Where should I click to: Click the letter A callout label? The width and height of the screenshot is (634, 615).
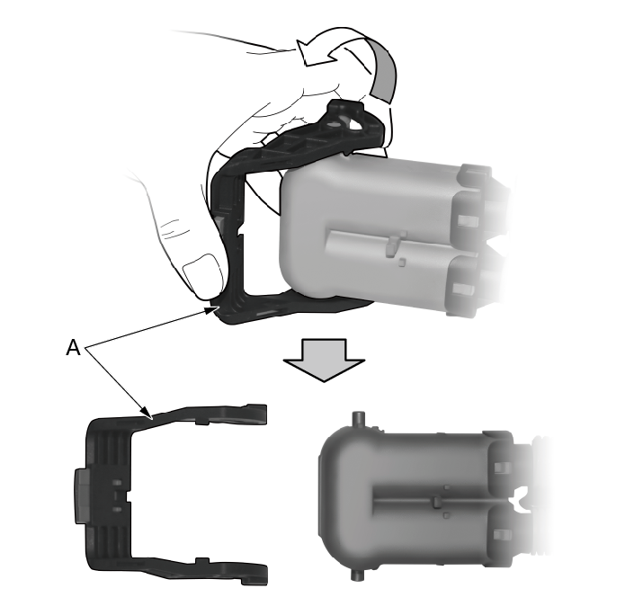(73, 347)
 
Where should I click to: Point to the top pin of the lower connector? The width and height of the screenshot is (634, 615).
(358, 418)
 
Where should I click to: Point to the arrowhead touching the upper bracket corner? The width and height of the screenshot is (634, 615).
(212, 310)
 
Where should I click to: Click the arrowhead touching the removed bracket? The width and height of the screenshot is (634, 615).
(146, 411)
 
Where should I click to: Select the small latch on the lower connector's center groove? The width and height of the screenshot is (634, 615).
(437, 502)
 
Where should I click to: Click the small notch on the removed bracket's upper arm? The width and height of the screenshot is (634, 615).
(202, 422)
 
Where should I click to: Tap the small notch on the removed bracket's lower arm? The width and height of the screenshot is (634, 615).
(202, 562)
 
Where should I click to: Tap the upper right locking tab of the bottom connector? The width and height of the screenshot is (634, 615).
(503, 468)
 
